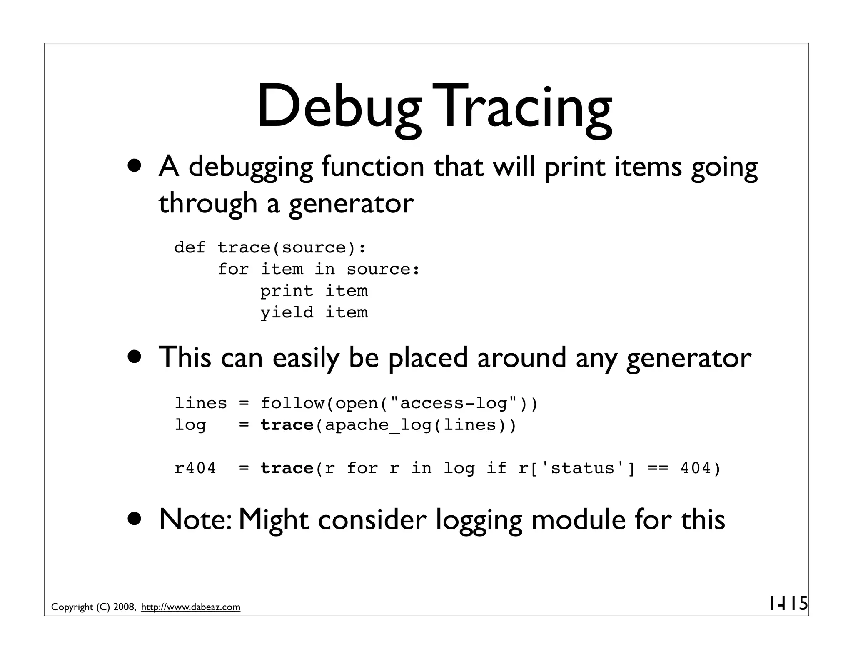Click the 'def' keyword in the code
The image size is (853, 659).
click(x=190, y=247)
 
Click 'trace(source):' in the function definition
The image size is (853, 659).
click(x=292, y=247)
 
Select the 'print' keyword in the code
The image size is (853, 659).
click(x=287, y=291)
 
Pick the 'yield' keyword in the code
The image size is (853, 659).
click(x=287, y=312)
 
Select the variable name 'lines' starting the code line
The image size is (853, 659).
click(x=201, y=403)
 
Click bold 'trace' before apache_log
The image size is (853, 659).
click(x=287, y=425)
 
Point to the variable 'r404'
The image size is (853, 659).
click(x=195, y=468)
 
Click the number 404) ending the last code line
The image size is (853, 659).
click(x=700, y=468)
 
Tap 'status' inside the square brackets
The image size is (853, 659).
click(x=582, y=468)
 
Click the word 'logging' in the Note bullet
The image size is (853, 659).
click(x=479, y=521)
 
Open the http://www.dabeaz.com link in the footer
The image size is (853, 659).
click(x=191, y=607)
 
